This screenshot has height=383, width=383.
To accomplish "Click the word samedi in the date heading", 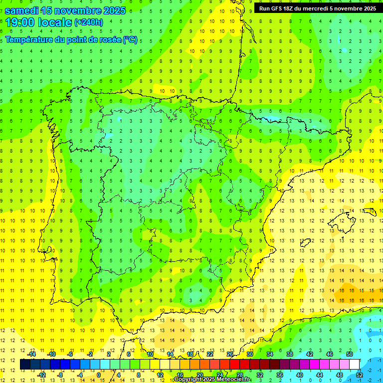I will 23,10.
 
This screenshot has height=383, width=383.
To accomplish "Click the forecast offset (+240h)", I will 89,22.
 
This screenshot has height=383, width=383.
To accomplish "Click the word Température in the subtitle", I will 30,39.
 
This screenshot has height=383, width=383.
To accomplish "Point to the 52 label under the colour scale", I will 360,375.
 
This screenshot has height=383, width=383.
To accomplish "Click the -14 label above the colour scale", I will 31,354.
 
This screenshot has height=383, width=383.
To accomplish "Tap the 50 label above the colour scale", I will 350,354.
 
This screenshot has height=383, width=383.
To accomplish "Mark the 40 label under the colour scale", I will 300,375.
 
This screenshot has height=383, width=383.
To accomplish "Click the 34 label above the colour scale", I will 270,354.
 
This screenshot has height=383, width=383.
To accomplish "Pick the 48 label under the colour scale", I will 340,375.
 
